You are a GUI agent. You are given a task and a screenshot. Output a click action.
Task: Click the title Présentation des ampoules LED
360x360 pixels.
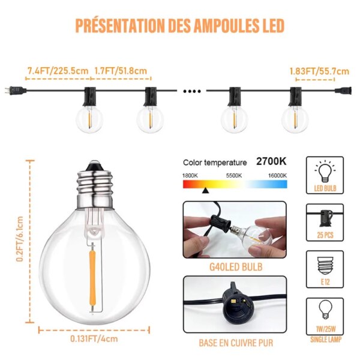click(x=179, y=26)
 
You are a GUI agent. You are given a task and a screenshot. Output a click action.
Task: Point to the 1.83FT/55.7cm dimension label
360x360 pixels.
click(x=319, y=71)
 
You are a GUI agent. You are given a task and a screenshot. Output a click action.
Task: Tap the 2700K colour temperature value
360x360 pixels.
click(x=272, y=162)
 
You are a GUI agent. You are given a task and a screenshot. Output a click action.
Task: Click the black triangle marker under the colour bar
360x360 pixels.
click(x=206, y=190)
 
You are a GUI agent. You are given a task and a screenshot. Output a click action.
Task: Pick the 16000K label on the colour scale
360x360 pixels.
click(x=277, y=175)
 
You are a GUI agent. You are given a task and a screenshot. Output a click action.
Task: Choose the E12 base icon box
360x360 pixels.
click(x=325, y=270)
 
